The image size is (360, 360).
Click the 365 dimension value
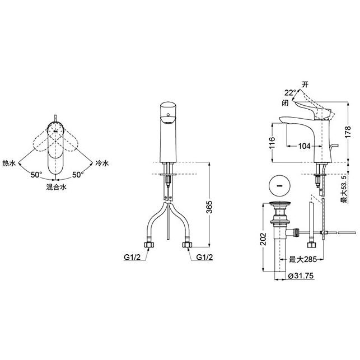coord(209,207)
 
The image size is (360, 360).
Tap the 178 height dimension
coord(348,132)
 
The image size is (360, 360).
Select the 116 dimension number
coord(272,143)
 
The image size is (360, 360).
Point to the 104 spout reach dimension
coord(305,146)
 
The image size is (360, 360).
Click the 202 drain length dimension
coord(264,239)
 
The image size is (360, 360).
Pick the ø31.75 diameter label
coord(301,275)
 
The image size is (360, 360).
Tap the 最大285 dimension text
coord(302,260)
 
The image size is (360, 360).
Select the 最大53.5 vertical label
coord(344,189)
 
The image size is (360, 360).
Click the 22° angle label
coord(291,93)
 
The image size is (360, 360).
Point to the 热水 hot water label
coord(9,163)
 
